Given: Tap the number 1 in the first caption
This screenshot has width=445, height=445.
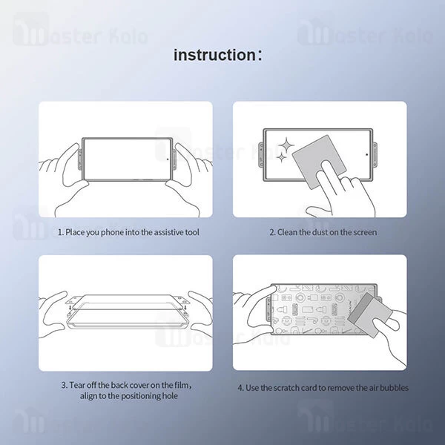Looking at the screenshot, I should tap(59, 232).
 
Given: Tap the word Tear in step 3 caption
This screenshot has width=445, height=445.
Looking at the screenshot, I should tap(77, 386).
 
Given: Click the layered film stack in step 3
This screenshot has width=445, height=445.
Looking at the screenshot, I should tap(126, 311).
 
